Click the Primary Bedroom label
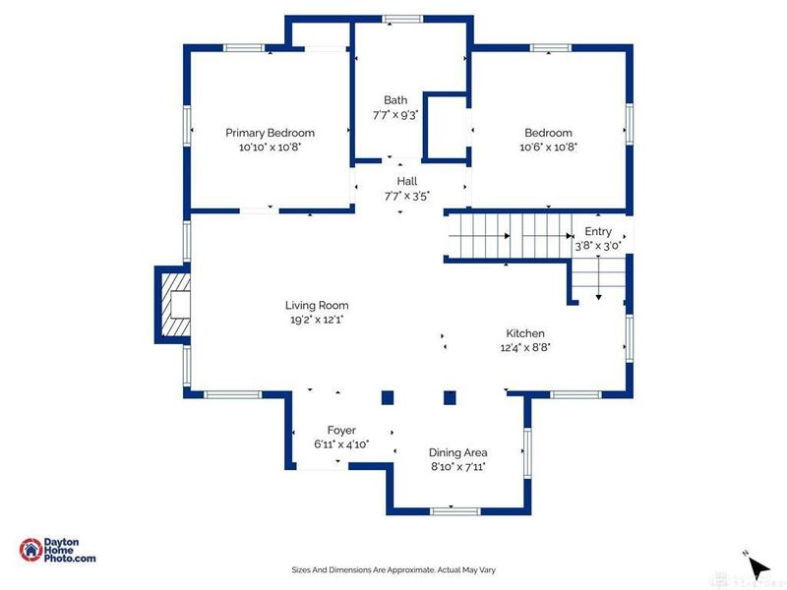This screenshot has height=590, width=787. click(x=270, y=133)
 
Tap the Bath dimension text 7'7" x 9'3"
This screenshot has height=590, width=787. click(x=395, y=115)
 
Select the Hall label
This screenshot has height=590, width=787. click(x=407, y=181)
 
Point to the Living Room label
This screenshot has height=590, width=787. click(x=317, y=305)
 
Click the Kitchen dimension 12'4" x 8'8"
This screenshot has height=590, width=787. click(x=525, y=347)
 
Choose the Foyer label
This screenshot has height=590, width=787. click(x=341, y=430)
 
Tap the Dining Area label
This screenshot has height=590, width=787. click(x=457, y=452)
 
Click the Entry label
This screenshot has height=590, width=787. click(x=598, y=231)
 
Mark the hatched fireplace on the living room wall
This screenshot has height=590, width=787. click(x=173, y=305)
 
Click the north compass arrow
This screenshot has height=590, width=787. click(x=757, y=567)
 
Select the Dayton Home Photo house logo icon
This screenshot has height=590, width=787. click(x=30, y=550)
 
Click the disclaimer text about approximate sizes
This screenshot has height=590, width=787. click(x=393, y=570)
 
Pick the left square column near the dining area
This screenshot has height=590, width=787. click(x=388, y=398)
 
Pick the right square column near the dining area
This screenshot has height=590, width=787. click(x=450, y=398)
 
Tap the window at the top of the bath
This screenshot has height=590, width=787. click(x=402, y=19)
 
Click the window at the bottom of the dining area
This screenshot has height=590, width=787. click(x=455, y=511)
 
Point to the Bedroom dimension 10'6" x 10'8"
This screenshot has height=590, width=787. click(x=549, y=147)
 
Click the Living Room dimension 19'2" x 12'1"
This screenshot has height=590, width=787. click(x=317, y=320)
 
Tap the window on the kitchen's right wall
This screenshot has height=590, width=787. click(x=629, y=337)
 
